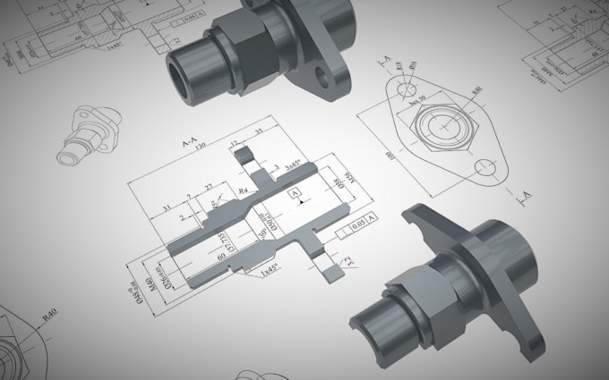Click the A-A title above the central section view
pyautogui.click(x=190, y=143)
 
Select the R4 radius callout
pyautogui.click(x=243, y=190)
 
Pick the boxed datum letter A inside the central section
pyautogui.click(x=296, y=193)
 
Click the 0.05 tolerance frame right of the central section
pyautogui.click(x=357, y=217)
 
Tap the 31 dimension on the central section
pyautogui.click(x=167, y=209)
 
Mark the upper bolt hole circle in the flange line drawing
pyautogui.click(x=408, y=89)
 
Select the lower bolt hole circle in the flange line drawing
pyautogui.click(x=486, y=166)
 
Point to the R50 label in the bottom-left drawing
pyautogui.click(x=50, y=313)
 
